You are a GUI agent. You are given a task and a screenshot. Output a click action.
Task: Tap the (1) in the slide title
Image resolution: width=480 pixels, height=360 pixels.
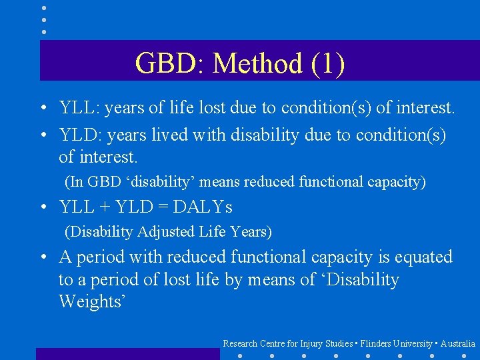pos(327,64)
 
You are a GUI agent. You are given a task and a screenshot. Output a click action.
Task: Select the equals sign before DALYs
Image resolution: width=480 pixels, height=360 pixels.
pos(163,207)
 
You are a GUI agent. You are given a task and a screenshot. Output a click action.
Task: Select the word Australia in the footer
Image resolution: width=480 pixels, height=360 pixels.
pos(458,343)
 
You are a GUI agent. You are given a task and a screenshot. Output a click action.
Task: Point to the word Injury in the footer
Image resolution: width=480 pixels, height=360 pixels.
pos(311,343)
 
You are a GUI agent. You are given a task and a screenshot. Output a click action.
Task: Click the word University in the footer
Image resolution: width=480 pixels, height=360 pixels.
pos(413,343)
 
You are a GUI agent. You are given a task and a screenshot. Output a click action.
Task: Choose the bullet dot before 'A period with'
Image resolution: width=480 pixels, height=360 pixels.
pos(42,258)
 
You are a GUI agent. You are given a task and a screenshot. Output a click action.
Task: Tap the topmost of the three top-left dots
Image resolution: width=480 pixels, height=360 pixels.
pos(44,8)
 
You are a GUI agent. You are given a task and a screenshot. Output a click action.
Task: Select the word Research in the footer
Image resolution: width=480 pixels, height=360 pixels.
pos(240,343)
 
